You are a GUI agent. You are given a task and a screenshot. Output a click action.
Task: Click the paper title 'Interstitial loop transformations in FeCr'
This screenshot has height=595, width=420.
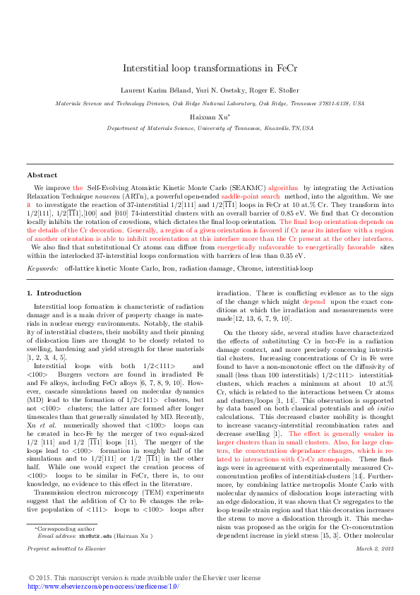210,69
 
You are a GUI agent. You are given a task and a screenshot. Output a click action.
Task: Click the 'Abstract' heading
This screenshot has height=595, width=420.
42,175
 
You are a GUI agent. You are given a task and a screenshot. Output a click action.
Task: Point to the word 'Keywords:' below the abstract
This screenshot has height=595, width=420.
42,269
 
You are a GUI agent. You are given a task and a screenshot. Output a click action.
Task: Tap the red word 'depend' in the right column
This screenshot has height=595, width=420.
295,302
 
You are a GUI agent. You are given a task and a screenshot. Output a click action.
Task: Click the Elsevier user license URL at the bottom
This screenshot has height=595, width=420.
103,586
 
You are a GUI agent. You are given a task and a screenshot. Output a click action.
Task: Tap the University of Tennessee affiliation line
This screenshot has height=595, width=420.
210,129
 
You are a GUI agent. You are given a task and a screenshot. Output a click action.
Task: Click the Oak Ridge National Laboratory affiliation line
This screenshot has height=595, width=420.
210,102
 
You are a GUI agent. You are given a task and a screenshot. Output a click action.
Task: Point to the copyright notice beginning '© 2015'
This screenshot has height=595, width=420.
144,578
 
